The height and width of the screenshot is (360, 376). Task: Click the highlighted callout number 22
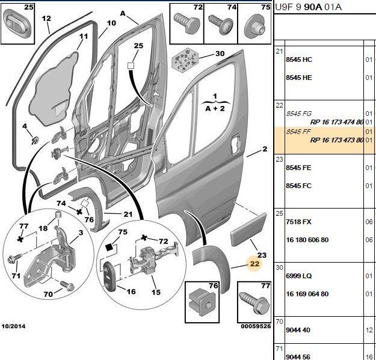click(254, 264)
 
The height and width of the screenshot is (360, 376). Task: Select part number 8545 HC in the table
click(299, 59)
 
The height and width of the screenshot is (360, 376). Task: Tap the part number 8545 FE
click(298, 168)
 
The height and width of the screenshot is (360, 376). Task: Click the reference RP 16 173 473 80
click(337, 140)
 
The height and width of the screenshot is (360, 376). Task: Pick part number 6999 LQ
click(298, 276)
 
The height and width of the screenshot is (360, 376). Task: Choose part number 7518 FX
click(298, 222)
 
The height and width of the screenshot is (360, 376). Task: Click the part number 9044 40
click(298, 330)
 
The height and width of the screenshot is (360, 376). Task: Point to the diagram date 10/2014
click(13, 326)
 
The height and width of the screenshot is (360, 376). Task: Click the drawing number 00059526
click(256, 326)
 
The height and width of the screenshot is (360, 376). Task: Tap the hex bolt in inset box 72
click(187, 23)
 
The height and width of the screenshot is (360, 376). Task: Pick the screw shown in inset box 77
click(254, 302)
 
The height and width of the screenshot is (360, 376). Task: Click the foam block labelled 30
click(185, 60)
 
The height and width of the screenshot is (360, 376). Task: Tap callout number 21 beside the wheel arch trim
click(128, 214)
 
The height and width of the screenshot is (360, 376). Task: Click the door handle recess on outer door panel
click(235, 144)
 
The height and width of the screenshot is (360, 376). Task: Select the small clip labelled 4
click(35, 141)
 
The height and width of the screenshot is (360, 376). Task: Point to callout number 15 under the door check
click(156, 292)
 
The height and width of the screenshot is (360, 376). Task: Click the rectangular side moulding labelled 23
click(248, 229)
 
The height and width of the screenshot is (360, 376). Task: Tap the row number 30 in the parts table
click(279, 267)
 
